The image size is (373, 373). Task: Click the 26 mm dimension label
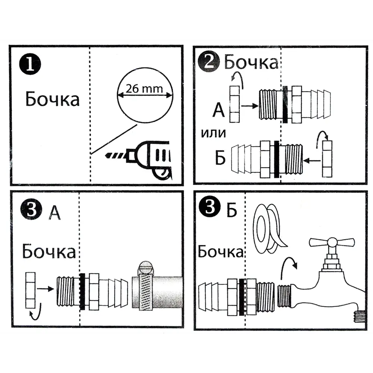tap(144, 89)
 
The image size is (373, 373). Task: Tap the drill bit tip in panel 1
tap(106, 156)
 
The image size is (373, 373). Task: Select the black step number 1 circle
tap(30, 64)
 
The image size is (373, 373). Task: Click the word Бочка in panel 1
tap(52, 99)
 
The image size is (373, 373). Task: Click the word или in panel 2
tap(213, 133)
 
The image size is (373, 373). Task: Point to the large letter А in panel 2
tap(219, 110)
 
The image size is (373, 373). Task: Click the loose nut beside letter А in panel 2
tap(235, 104)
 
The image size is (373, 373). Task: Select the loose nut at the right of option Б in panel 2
tap(327, 159)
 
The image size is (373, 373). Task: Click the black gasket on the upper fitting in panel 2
tap(285, 104)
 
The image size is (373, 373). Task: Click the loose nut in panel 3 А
tap(30, 291)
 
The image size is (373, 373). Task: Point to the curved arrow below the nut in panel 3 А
tap(36, 312)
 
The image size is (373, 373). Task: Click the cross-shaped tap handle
tap(332, 242)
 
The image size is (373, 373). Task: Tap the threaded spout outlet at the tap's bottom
tap(359, 317)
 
